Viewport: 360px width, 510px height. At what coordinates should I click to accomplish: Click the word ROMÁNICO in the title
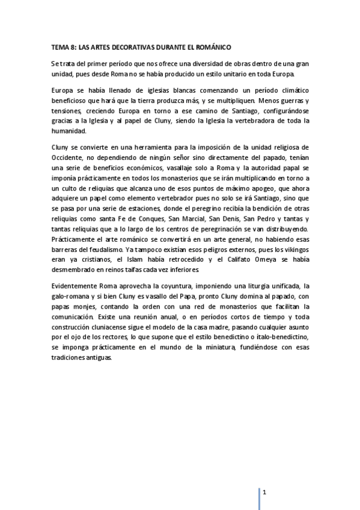click(x=213, y=46)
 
